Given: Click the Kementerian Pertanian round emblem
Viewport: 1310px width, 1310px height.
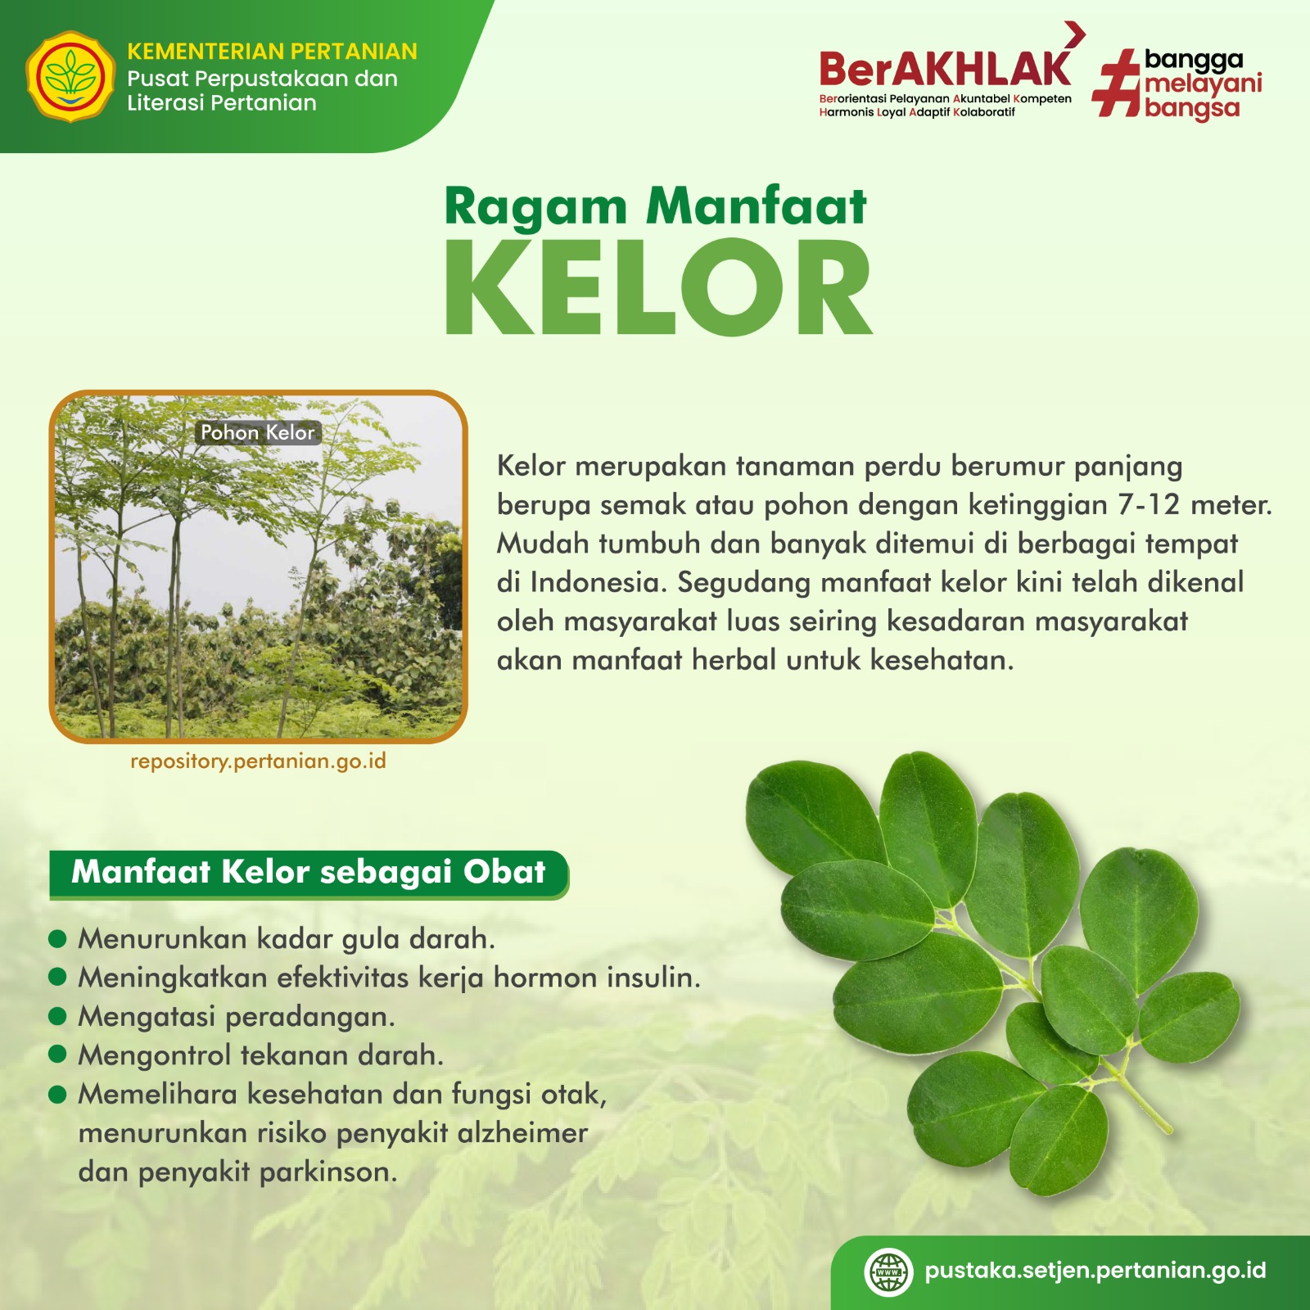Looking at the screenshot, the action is coord(70,76).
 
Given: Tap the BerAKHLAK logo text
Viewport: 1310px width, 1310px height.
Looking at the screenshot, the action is coord(945,69).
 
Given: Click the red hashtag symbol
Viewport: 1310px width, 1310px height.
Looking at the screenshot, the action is coord(1118,83).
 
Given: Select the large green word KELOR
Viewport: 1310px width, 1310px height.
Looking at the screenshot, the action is coord(658,287).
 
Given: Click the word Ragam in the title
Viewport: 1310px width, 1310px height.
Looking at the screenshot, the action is coord(535,206).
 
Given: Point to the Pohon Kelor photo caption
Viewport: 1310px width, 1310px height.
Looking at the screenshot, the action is coord(258,432).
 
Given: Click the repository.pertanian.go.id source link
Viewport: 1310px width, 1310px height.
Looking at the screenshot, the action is coord(258,761).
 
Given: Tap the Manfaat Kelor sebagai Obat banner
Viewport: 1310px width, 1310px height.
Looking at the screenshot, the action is coord(309,874).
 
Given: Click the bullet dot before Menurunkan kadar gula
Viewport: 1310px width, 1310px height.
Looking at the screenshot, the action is coord(57,938).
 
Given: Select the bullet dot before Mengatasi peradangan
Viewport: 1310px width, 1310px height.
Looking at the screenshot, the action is coord(57,1016).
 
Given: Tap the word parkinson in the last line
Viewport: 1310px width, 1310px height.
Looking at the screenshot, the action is coord(328,1172).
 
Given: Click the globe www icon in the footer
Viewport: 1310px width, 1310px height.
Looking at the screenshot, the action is coord(888,1272).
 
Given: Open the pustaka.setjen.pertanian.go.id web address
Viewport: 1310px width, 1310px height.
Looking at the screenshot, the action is coord(1095,1271).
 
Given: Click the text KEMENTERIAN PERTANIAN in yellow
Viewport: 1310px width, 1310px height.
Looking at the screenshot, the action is coord(272,52).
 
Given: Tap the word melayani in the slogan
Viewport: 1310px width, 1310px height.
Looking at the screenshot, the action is coord(1204,84).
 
